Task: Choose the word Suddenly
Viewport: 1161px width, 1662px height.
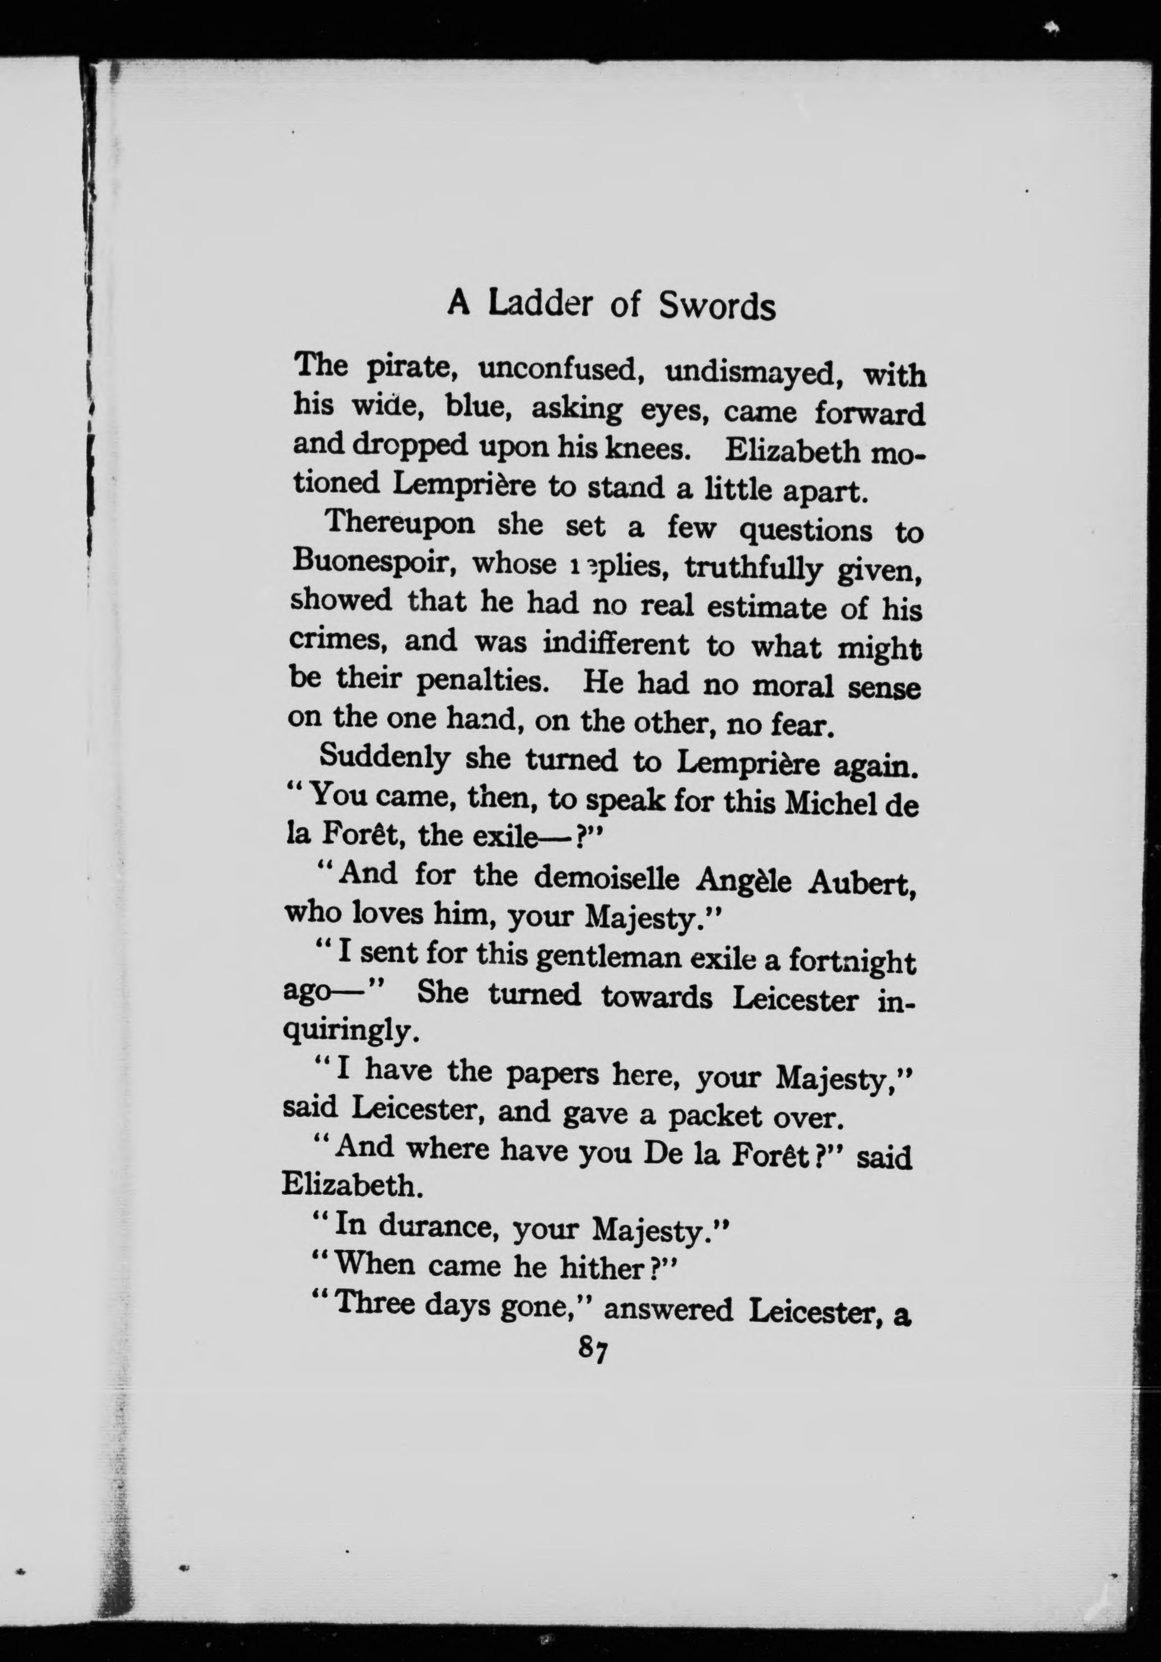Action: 385,757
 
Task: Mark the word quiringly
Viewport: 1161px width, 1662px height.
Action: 351,1032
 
